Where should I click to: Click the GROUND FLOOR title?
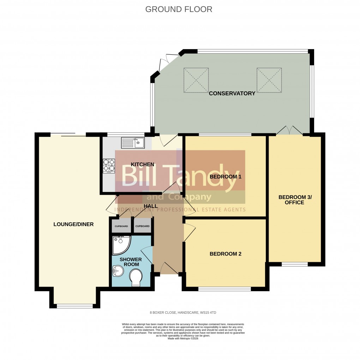point(179,9)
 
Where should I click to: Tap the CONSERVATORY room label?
point(232,94)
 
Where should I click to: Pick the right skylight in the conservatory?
point(269,80)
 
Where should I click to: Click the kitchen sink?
point(133,143)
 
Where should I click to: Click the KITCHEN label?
point(143,164)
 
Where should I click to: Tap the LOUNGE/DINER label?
point(73,224)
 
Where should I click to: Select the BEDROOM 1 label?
point(225,176)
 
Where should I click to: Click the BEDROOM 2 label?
point(225,254)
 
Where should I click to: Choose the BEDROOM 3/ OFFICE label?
point(295,200)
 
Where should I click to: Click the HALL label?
point(150,206)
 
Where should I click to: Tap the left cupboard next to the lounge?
point(121,226)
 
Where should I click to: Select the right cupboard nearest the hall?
point(143,226)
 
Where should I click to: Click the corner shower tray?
point(120,245)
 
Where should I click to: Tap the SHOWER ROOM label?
point(131,262)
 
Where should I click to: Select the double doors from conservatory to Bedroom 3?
point(289,131)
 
